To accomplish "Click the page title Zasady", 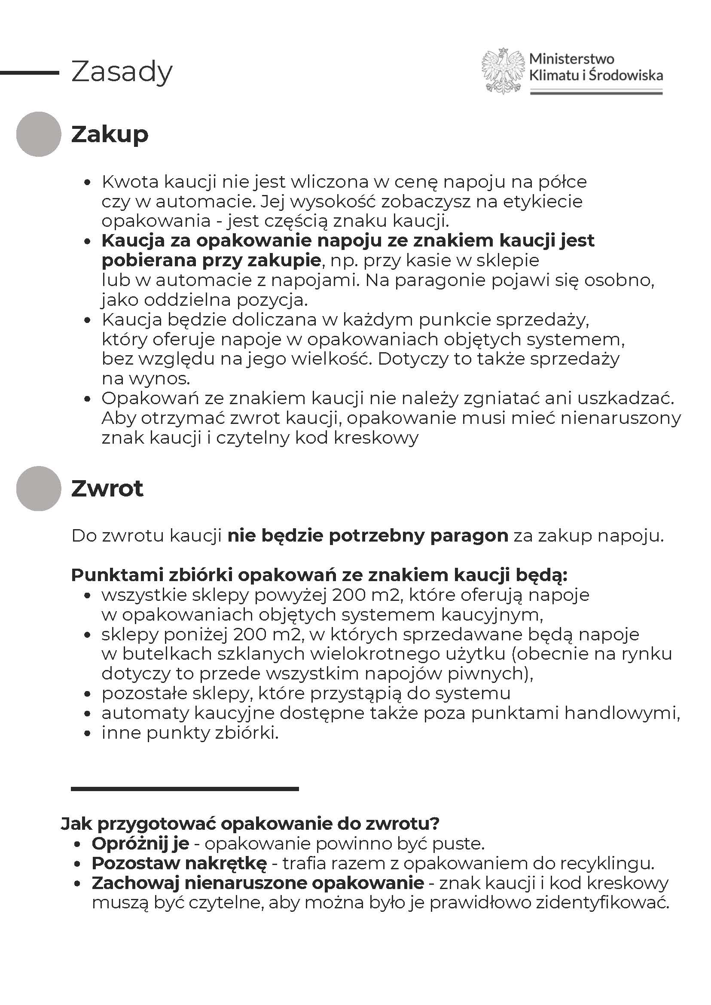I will pyautogui.click(x=122, y=72).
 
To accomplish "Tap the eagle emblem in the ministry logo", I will pyautogui.click(x=503, y=70).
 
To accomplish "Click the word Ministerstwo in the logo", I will pyautogui.click(x=571, y=59).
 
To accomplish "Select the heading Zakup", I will pyautogui.click(x=110, y=134).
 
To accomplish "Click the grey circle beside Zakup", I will pyautogui.click(x=39, y=134).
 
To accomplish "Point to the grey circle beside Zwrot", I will pyautogui.click(x=39, y=488).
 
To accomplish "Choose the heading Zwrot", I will pyautogui.click(x=107, y=488).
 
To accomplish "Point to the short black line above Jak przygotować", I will pyautogui.click(x=184, y=789).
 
